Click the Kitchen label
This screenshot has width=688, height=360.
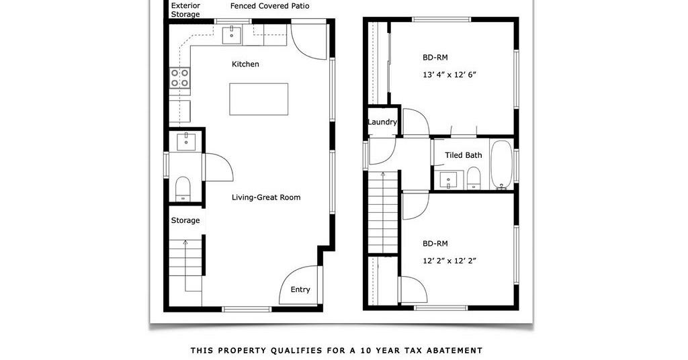pyautogui.click(x=245, y=64)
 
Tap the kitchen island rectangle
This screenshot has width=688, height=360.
pyautogui.click(x=259, y=99)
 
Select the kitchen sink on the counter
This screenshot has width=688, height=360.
pyautogui.click(x=232, y=35)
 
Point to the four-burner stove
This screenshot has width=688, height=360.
pyautogui.click(x=180, y=78)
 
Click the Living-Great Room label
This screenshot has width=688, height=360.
pyautogui.click(x=266, y=197)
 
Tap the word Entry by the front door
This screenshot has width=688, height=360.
pyautogui.click(x=300, y=289)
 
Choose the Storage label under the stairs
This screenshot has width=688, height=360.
pyautogui.click(x=185, y=220)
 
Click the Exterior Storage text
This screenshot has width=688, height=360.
pyautogui.click(x=185, y=9)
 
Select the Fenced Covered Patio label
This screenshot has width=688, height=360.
pyautogui.click(x=270, y=6)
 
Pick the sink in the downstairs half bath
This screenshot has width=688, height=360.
pyautogui.click(x=187, y=142)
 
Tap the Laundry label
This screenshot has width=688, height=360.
pyautogui.click(x=382, y=122)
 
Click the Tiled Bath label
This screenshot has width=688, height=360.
pyautogui.click(x=464, y=155)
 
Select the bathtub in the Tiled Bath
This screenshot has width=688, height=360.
pyautogui.click(x=501, y=165)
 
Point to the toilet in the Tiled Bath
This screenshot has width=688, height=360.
pyautogui.click(x=474, y=177)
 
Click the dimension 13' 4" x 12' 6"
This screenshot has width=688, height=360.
pyautogui.click(x=449, y=75)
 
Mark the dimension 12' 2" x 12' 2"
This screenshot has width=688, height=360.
pyautogui.click(x=449, y=261)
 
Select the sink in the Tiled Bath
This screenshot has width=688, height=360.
pyautogui.click(x=448, y=180)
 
